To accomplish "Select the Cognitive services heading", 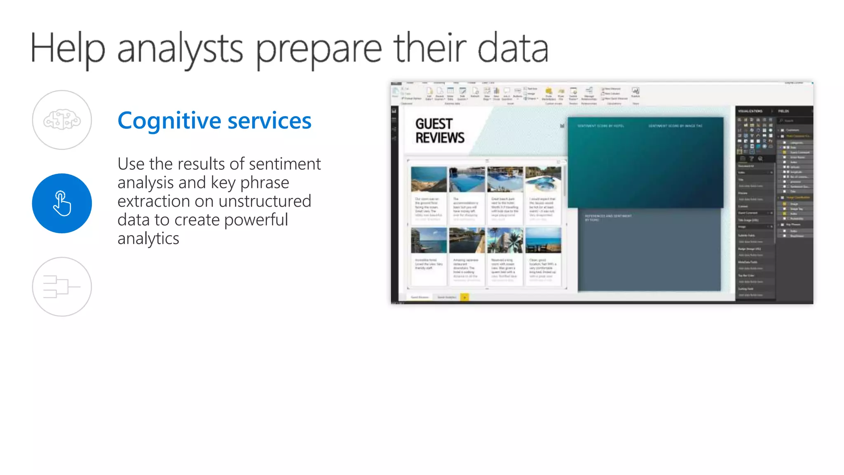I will (x=214, y=121).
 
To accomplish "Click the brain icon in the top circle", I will (x=62, y=120).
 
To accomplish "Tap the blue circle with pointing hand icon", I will (x=62, y=203).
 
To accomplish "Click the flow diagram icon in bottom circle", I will (x=62, y=287).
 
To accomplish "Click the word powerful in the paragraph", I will (x=256, y=220).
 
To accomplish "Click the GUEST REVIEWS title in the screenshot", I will (x=439, y=131).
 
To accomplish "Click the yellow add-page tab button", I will (x=464, y=297).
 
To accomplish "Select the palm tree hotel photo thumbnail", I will (x=505, y=241).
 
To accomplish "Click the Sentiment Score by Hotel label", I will (x=600, y=126).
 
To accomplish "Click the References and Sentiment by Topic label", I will (x=608, y=218).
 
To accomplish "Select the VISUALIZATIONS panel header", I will (x=750, y=111).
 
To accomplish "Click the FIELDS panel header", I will (x=783, y=111).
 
